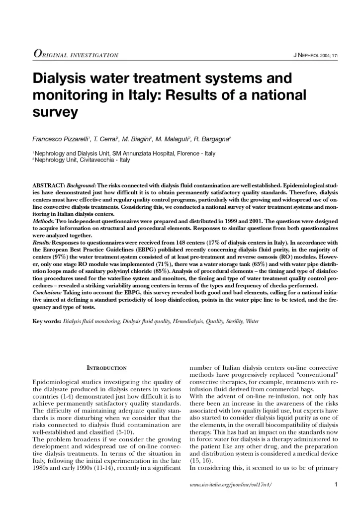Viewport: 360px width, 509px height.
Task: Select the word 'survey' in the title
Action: coord(55,111)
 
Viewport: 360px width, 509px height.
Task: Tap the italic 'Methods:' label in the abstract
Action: coord(44,220)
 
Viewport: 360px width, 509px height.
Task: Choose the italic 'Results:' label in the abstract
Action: coord(42,242)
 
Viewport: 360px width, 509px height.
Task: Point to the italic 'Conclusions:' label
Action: coord(47,293)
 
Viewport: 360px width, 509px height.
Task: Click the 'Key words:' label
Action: coord(46,322)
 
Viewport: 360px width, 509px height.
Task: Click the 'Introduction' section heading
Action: coord(106,368)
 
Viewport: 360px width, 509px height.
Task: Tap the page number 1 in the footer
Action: coord(336,484)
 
